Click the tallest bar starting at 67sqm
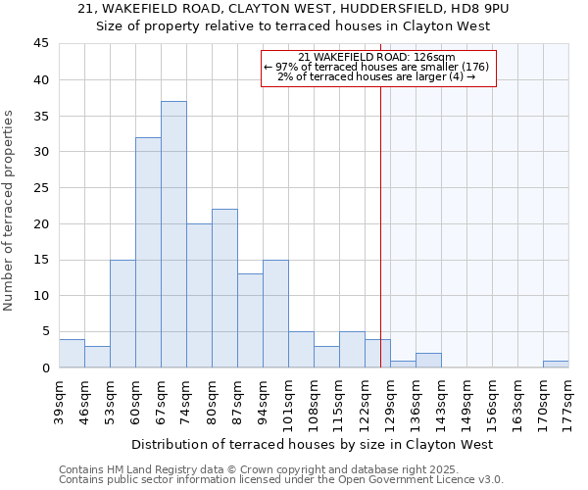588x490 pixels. pyautogui.click(x=173, y=234)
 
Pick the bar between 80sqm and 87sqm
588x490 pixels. pyautogui.click(x=224, y=288)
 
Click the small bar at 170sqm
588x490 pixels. pyautogui.click(x=556, y=364)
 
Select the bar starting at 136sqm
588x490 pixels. pyautogui.click(x=428, y=360)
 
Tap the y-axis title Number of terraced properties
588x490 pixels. pyautogui.click(x=9, y=210)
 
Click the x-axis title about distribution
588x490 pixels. pyautogui.click(x=313, y=444)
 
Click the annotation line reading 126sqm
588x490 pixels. pyautogui.click(x=376, y=57)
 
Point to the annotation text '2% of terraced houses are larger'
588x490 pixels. pyautogui.click(x=376, y=76)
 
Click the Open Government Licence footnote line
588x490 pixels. pyautogui.click(x=281, y=480)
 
